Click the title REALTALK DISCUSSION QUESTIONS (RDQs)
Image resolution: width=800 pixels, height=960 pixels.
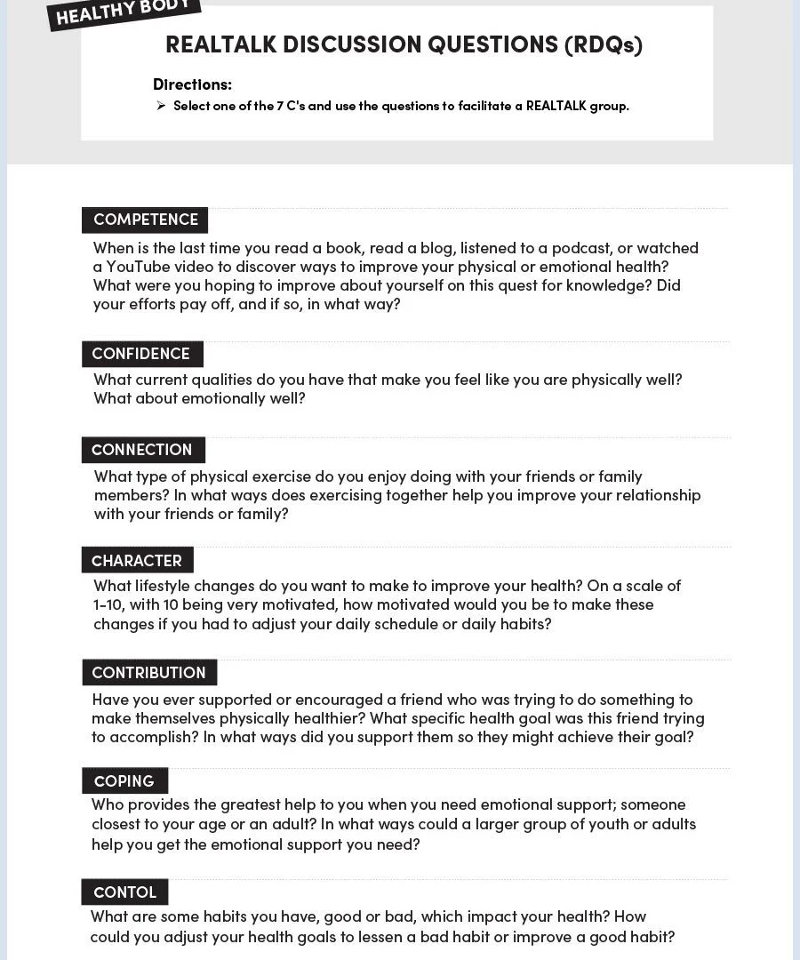[404, 44]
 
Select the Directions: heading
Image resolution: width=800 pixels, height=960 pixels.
[192, 84]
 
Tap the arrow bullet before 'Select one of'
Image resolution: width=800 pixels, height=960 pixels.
[161, 106]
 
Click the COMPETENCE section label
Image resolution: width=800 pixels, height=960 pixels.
[146, 220]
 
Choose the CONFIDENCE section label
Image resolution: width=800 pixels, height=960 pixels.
[141, 354]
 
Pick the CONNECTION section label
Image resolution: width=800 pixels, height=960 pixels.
[142, 450]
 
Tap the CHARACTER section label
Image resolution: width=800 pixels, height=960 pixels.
[137, 561]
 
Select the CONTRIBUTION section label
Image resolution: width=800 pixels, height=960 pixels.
[148, 673]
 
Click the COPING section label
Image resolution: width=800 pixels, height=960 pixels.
[124, 781]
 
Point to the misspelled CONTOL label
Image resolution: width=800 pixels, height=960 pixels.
[124, 892]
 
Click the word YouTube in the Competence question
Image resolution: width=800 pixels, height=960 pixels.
[137, 267]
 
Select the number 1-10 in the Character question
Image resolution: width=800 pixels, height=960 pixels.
[108, 604]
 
